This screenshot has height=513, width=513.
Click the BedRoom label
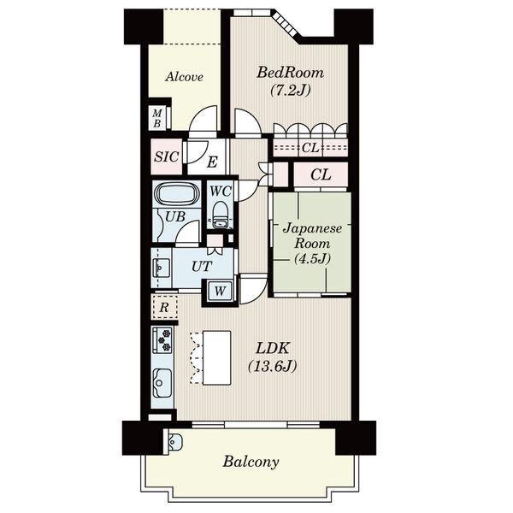coord(290,73)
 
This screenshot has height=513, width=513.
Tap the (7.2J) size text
coord(290,90)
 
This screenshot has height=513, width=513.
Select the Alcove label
coord(184,77)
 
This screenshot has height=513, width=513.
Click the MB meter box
coord(157,118)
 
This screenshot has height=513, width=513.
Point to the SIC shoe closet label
coord(167,157)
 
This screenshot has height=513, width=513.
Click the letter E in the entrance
coord(212,162)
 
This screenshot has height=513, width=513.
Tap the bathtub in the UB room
coord(177,193)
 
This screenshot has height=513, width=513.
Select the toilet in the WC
coord(220,215)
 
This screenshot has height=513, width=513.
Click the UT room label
coord(202,267)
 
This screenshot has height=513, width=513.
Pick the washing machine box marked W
coord(220,290)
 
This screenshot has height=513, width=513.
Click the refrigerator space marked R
coord(164,307)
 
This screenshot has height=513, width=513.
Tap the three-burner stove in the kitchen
coord(162,339)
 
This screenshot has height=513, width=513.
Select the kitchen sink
coord(162,382)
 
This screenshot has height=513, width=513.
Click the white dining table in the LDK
coord(217,357)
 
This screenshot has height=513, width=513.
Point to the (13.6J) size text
coord(273,366)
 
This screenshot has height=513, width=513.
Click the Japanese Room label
coord(312,236)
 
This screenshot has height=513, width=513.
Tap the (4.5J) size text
coord(312,259)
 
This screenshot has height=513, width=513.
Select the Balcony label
coord(251,462)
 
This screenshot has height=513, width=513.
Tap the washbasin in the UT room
coord(162,267)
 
